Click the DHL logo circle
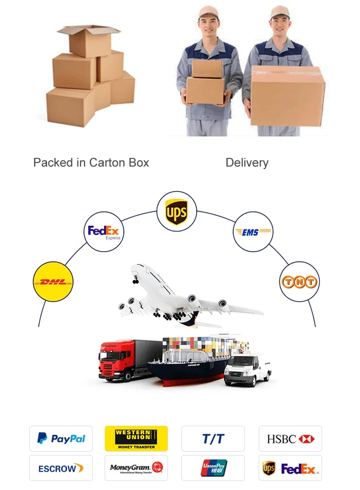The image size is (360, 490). pos(53,282)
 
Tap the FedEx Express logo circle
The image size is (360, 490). pos(104,232)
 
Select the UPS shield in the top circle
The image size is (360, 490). pos(176,211)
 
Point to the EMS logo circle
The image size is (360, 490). pos(252,232)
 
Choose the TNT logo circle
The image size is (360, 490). pos(299,282)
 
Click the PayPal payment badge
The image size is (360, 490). pos(61,438)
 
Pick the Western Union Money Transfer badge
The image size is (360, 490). pos(136,438)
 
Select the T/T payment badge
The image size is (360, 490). pos(213,438)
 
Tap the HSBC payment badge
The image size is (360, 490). pos(290,438)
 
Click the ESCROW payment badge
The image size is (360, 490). pos(61,468)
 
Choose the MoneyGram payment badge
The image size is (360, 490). pos(136,468)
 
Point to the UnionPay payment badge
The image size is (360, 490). pos(213,468)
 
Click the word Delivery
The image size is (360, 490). pos(247,163)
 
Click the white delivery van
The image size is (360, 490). pos(247,370)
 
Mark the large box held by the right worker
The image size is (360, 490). pos(288,96)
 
